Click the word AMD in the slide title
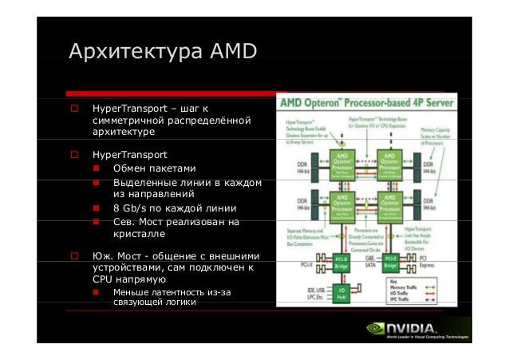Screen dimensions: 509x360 pos(233,53)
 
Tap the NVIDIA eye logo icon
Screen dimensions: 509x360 pos(377,328)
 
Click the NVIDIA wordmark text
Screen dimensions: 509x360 pos(412,328)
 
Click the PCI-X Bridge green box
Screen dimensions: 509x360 pos(341,260)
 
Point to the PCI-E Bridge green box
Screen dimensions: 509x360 pos(390,260)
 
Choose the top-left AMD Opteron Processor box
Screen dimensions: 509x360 pos(341,161)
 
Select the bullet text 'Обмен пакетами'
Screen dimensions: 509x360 pos(154,168)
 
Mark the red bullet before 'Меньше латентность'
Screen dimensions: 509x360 pos(97,293)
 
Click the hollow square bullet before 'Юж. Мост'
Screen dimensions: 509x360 pos(73,256)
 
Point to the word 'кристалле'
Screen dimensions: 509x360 pos(140,235)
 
